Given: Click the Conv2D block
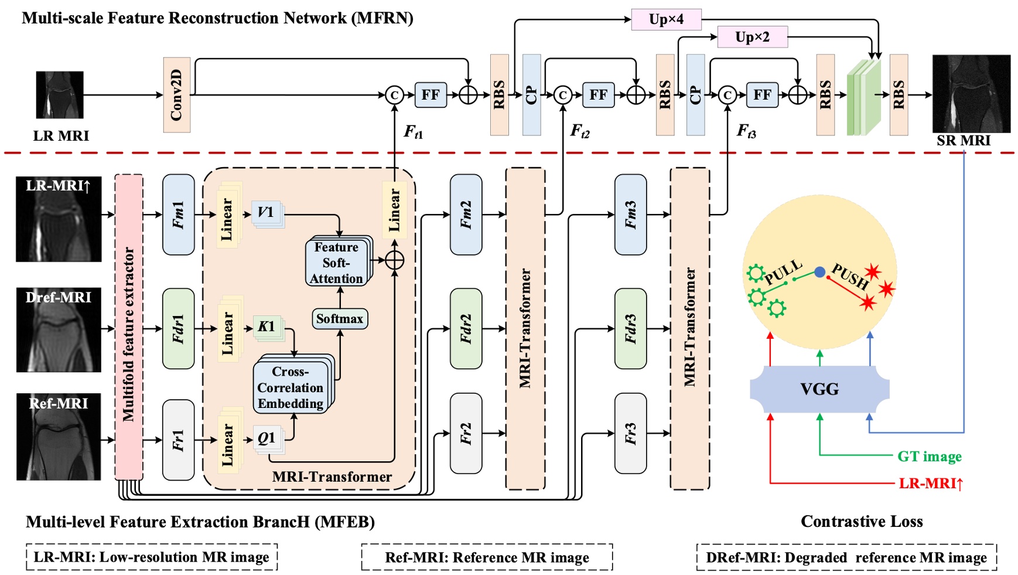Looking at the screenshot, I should click(x=176, y=95).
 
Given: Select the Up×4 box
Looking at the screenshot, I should click(x=666, y=19).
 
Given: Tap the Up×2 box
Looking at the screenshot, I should click(x=752, y=38).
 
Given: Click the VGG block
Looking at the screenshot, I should click(x=819, y=389).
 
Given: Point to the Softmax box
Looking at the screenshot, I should click(x=340, y=319).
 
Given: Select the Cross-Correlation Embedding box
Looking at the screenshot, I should click(x=291, y=387).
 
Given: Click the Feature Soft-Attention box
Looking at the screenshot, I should click(x=337, y=263).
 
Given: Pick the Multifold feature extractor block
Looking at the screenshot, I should click(x=129, y=327).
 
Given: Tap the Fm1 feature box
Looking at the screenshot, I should click(x=178, y=215).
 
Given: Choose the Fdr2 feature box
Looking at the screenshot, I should click(x=466, y=328).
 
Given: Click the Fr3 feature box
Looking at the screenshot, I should click(x=630, y=433).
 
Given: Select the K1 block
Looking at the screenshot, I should click(x=267, y=326).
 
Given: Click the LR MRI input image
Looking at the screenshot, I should click(x=60, y=95).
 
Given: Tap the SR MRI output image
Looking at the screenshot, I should click(x=971, y=94).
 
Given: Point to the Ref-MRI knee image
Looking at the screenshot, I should click(x=59, y=437).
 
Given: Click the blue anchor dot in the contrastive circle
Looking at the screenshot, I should click(x=819, y=271).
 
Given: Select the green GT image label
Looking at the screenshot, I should click(x=929, y=456).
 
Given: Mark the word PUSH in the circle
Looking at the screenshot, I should click(x=850, y=276).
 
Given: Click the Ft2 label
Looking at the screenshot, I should click(x=579, y=131).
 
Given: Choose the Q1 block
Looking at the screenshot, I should click(x=267, y=438).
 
